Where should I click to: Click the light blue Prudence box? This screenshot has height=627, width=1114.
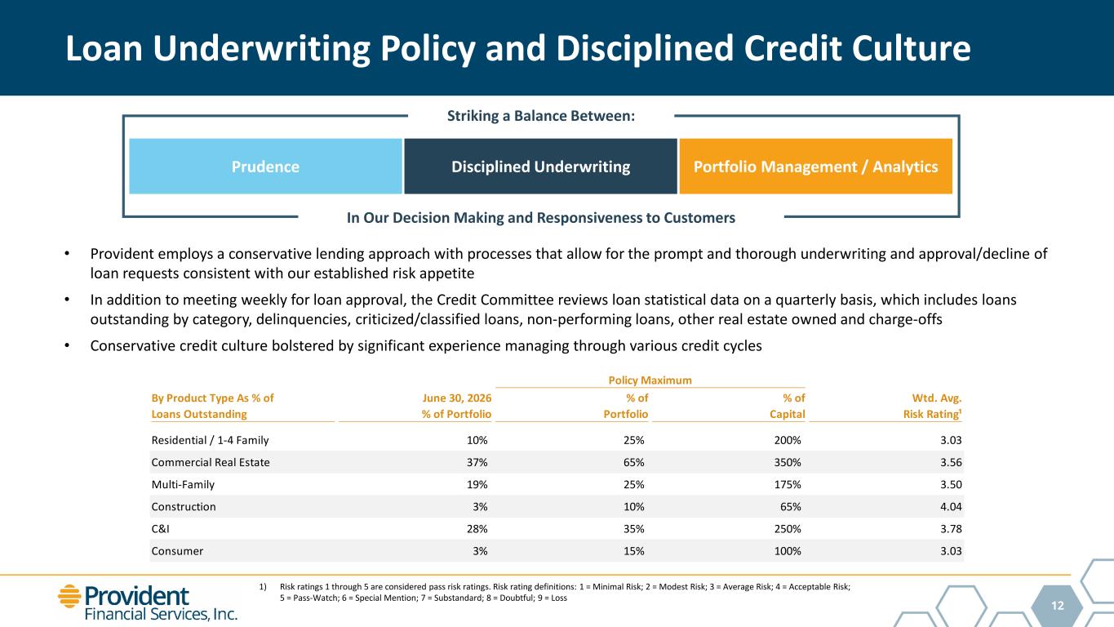[265, 167]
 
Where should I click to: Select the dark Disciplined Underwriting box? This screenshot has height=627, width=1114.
[540, 167]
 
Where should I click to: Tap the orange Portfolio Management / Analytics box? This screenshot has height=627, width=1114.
[815, 167]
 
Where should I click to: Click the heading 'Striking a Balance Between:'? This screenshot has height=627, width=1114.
[541, 116]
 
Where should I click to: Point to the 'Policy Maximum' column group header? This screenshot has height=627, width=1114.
[650, 380]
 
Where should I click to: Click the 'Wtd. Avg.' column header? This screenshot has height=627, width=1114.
[936, 398]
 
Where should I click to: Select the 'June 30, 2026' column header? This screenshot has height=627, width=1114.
[456, 398]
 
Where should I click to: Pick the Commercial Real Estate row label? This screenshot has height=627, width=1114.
[211, 462]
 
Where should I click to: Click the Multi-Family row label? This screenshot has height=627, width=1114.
[183, 485]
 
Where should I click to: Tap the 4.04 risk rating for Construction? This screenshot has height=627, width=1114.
[951, 506]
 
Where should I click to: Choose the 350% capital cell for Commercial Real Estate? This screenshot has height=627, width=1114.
[788, 462]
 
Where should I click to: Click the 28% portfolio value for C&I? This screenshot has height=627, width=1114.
[477, 529]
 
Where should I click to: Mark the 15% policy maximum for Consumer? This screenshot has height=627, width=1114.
[633, 551]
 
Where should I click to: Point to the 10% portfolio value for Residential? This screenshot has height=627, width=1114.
[477, 440]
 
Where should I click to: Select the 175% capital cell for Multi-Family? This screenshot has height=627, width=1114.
[788, 485]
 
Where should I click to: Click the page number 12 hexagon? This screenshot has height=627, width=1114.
[1058, 605]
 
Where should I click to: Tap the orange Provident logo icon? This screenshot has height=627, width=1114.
[69, 596]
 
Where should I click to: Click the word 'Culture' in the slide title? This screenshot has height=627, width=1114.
[911, 49]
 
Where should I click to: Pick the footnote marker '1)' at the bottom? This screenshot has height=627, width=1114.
[263, 587]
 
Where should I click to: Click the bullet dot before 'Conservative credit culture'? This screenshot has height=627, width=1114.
[67, 345]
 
